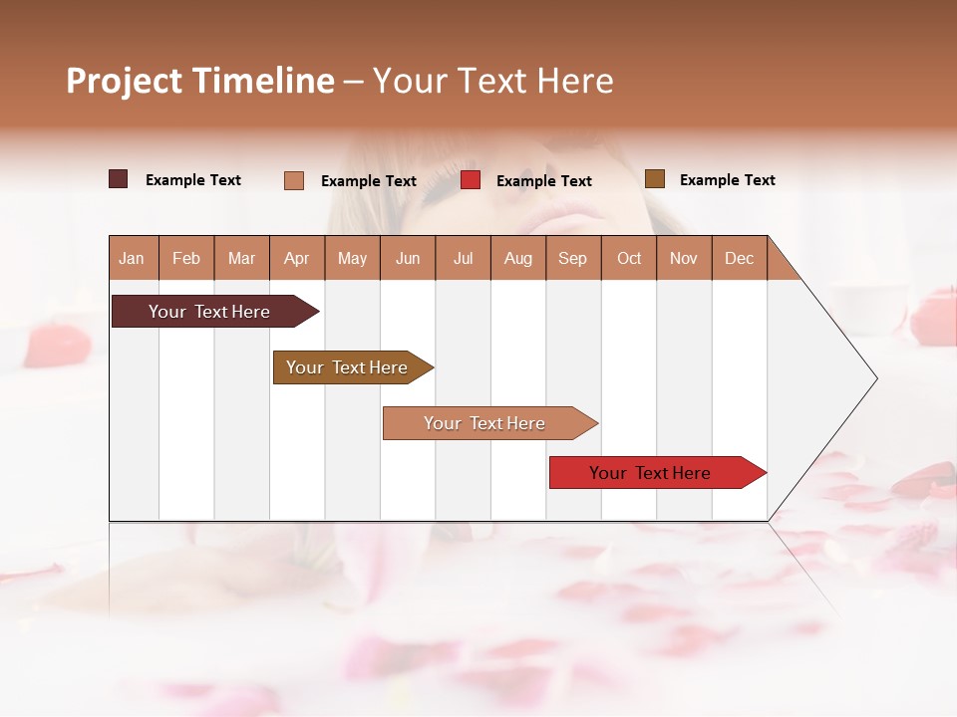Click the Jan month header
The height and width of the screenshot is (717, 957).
pos(132,258)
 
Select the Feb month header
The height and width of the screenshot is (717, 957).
pos(186,258)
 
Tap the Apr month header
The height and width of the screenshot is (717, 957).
pos(296,258)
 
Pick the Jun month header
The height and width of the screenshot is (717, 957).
pos(408,258)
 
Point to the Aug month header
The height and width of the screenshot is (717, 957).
pos(517,258)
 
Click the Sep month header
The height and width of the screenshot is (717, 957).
pos(572,258)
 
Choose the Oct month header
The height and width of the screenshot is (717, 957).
pos(629,258)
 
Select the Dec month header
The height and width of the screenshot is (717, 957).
pos(739,258)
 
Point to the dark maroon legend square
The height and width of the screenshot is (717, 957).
pos(119,179)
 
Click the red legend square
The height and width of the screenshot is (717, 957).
pos(471,180)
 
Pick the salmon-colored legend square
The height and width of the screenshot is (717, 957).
pos(294,180)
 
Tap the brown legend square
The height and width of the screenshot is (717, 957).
pos(655,179)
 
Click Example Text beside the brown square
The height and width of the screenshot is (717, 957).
pos(727,180)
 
